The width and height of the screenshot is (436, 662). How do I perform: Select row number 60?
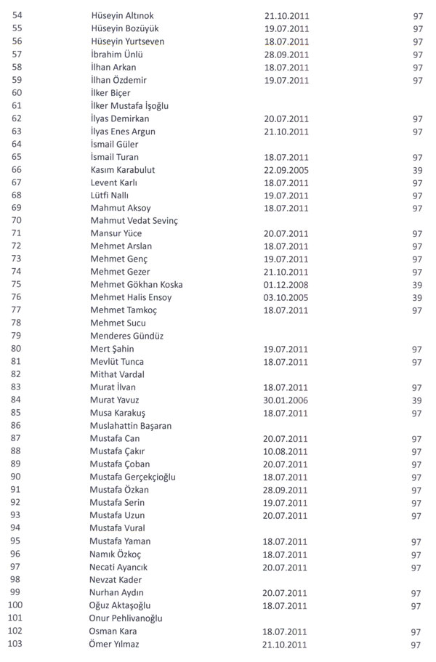17,93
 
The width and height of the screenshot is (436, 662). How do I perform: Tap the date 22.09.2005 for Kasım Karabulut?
286,170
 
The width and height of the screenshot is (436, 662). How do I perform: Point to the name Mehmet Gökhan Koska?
137,285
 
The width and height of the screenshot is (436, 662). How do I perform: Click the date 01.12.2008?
286,285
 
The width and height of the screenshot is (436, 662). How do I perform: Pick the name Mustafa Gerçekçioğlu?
133,477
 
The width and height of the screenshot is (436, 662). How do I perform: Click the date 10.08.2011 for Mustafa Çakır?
286,452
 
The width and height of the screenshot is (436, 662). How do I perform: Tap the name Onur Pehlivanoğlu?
126,618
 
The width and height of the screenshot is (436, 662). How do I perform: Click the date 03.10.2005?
286,298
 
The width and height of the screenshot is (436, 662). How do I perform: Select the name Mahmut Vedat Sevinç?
134,221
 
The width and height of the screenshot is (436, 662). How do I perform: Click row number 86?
17,426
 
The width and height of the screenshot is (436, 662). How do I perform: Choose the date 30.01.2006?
286,400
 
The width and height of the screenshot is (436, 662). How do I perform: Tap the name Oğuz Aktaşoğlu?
120,606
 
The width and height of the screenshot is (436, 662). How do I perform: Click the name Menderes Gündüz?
126,336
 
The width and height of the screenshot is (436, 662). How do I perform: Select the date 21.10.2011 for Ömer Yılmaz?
286,645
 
